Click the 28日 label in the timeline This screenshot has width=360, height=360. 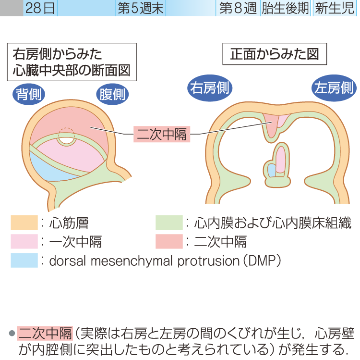(x=40, y=8)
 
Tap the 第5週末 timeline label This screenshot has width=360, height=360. (x=141, y=8)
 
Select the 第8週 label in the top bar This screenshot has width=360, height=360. (x=237, y=8)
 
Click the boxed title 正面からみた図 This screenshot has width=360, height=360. (x=274, y=55)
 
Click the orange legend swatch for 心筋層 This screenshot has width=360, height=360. (x=24, y=223)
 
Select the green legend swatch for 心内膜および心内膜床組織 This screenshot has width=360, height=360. (x=169, y=223)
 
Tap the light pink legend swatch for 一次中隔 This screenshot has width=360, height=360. (x=24, y=241)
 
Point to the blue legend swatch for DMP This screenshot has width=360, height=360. (x=24, y=260)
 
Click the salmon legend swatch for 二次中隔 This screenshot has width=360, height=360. (x=169, y=241)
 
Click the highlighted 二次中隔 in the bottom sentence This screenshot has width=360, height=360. (x=45, y=332)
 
